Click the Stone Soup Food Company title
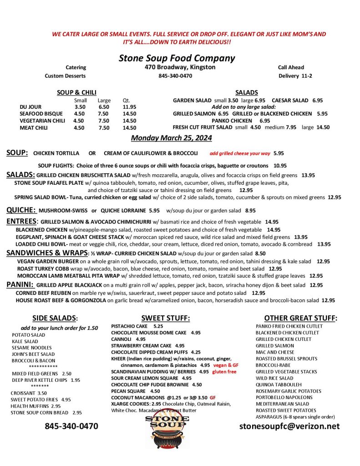point(177,58)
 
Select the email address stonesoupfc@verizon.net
point(289,426)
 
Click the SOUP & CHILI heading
point(76,92)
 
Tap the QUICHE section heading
point(21,210)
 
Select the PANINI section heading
point(19,285)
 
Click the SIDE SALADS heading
point(55,318)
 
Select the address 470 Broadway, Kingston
point(177,67)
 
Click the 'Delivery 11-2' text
point(295,76)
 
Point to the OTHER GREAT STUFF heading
point(300,318)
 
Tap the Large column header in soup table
point(104,101)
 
